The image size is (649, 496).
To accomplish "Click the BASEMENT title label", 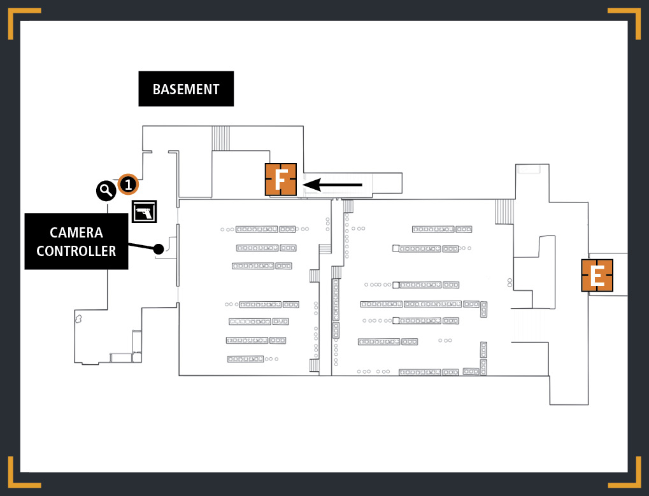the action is (x=186, y=89).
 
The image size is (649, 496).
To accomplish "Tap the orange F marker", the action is (x=281, y=180).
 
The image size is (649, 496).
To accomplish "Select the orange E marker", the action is (x=597, y=276).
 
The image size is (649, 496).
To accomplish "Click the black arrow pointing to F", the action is (x=332, y=185).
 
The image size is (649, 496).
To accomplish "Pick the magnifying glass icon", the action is (x=106, y=191).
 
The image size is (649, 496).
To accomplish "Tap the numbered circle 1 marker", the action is (x=128, y=184).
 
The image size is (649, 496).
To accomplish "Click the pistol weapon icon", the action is (x=144, y=211).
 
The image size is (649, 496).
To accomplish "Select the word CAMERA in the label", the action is (x=76, y=232).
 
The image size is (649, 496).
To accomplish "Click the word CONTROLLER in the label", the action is (x=76, y=251).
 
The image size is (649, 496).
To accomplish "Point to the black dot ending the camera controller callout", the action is (x=159, y=249).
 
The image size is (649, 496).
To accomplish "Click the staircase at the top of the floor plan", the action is (x=220, y=138).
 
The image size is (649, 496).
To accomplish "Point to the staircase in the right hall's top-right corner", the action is (x=504, y=212).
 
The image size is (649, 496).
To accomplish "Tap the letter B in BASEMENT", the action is (x=157, y=89).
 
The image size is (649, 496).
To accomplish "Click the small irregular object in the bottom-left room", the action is (x=78, y=318).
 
